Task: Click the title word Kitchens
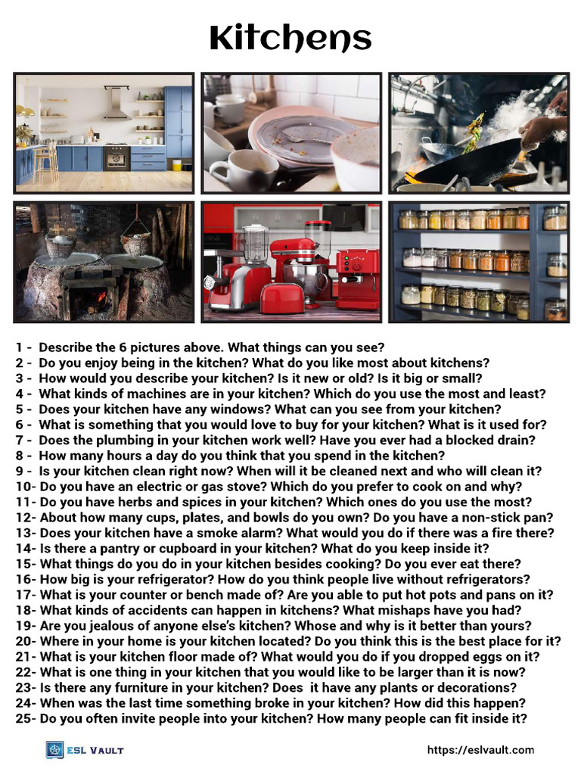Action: click(290, 38)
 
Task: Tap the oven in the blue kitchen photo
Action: click(116, 157)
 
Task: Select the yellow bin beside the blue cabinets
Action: click(176, 164)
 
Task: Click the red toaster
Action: click(281, 297)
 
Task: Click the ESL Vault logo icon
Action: click(55, 749)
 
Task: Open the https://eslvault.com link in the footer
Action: click(480, 750)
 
